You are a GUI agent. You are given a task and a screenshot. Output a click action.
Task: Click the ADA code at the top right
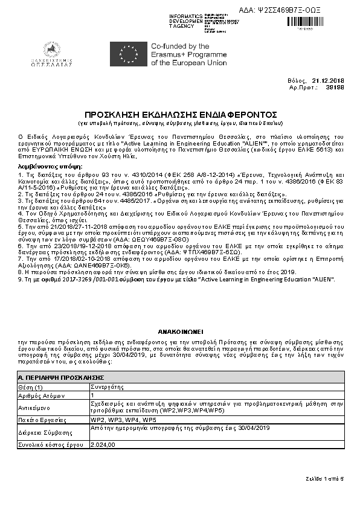pyautogui.click(x=289, y=10)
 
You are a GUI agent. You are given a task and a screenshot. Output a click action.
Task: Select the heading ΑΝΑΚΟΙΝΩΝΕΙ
pyautogui.click(x=179, y=331)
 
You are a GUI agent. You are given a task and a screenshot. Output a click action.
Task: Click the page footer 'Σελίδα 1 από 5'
pyautogui.click(x=324, y=478)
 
